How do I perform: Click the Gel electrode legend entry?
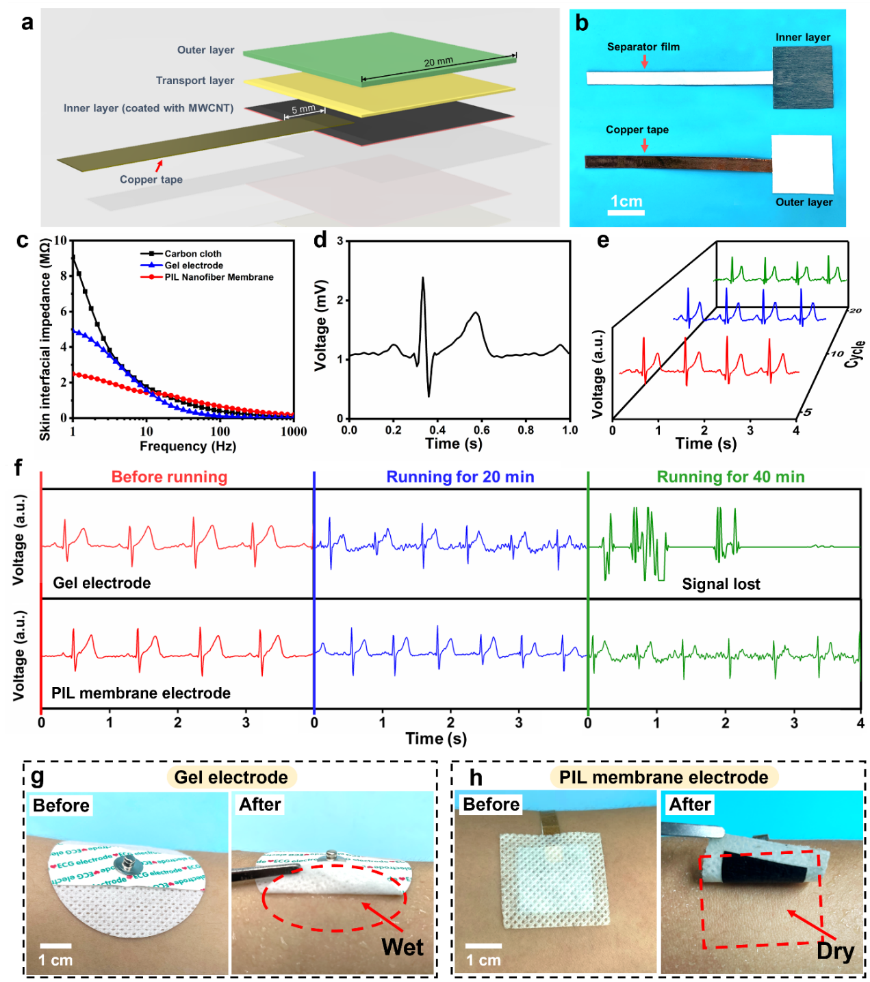pos(194,266)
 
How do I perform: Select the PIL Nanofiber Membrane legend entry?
pos(218,277)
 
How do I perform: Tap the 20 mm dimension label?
pos(438,62)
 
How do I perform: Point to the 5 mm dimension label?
pos(303,109)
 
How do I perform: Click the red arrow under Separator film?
pos(644,62)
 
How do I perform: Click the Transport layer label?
pos(194,81)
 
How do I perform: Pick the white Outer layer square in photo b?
pos(802,164)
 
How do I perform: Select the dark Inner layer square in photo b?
pos(802,77)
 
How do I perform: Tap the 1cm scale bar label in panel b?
pos(626,202)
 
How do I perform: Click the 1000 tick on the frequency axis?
pos(294,431)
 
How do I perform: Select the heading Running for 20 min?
pos(460,477)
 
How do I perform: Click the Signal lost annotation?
pos(721,584)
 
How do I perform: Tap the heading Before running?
pos(169,477)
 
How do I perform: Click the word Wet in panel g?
pos(402,947)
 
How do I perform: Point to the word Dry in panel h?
pos(835,951)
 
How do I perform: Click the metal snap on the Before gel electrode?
pos(127,864)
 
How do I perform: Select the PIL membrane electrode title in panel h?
pos(663,777)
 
